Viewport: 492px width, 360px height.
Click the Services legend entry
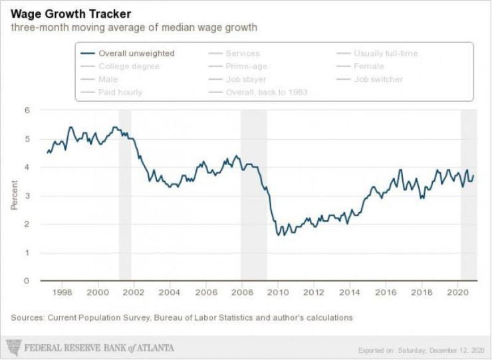tap(243, 53)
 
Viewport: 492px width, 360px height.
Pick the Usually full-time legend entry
tap(385, 53)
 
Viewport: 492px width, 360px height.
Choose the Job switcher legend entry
tap(378, 79)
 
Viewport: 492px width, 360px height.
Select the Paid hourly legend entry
tap(120, 92)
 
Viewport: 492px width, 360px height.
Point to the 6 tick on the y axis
tap(27, 110)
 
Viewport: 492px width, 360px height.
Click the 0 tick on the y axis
tap(27, 281)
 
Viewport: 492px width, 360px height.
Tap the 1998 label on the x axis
tap(62, 292)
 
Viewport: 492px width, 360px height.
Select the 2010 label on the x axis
tap(278, 292)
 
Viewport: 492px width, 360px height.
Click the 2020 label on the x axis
tap(459, 292)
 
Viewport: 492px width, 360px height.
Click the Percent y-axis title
tap(14, 196)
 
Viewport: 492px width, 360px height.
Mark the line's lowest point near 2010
tap(277, 236)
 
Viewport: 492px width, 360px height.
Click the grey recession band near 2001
tap(124, 193)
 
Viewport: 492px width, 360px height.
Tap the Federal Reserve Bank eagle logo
tap(13, 347)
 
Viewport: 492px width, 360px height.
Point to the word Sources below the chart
tap(28, 317)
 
